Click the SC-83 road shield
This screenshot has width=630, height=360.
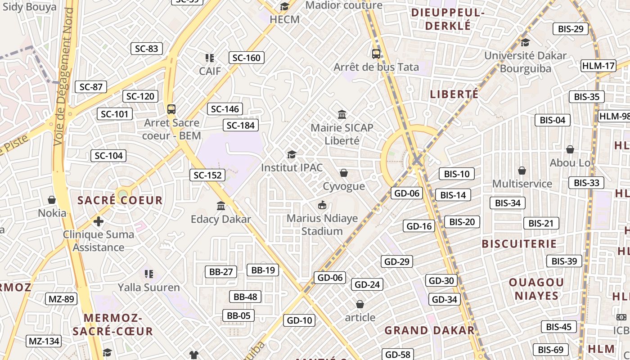tap(146, 49)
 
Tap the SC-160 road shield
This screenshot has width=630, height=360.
tap(246, 58)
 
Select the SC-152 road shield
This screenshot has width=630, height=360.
tap(207, 175)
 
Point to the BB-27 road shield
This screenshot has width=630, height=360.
tap(221, 272)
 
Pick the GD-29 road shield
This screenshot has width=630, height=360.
tap(397, 261)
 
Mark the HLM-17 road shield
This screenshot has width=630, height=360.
tap(598, 66)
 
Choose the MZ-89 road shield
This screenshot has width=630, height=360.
tap(61, 299)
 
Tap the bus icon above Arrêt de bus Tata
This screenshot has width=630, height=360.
tap(376, 54)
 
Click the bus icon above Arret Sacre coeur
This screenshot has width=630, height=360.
tap(171, 109)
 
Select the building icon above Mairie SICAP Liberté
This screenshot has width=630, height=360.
tap(342, 115)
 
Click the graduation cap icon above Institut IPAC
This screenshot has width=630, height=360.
tap(292, 154)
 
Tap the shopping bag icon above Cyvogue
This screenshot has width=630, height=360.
tap(344, 173)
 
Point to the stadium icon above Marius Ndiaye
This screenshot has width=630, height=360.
tap(322, 205)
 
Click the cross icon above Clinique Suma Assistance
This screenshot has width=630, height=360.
tap(99, 221)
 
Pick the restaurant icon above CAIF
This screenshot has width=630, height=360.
tap(210, 58)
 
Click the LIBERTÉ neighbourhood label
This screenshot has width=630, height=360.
tap(454, 94)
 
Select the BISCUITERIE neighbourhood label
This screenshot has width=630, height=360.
tap(519, 244)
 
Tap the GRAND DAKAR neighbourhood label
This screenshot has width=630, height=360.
tap(429, 330)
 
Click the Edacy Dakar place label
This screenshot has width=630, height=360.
tap(221, 219)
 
